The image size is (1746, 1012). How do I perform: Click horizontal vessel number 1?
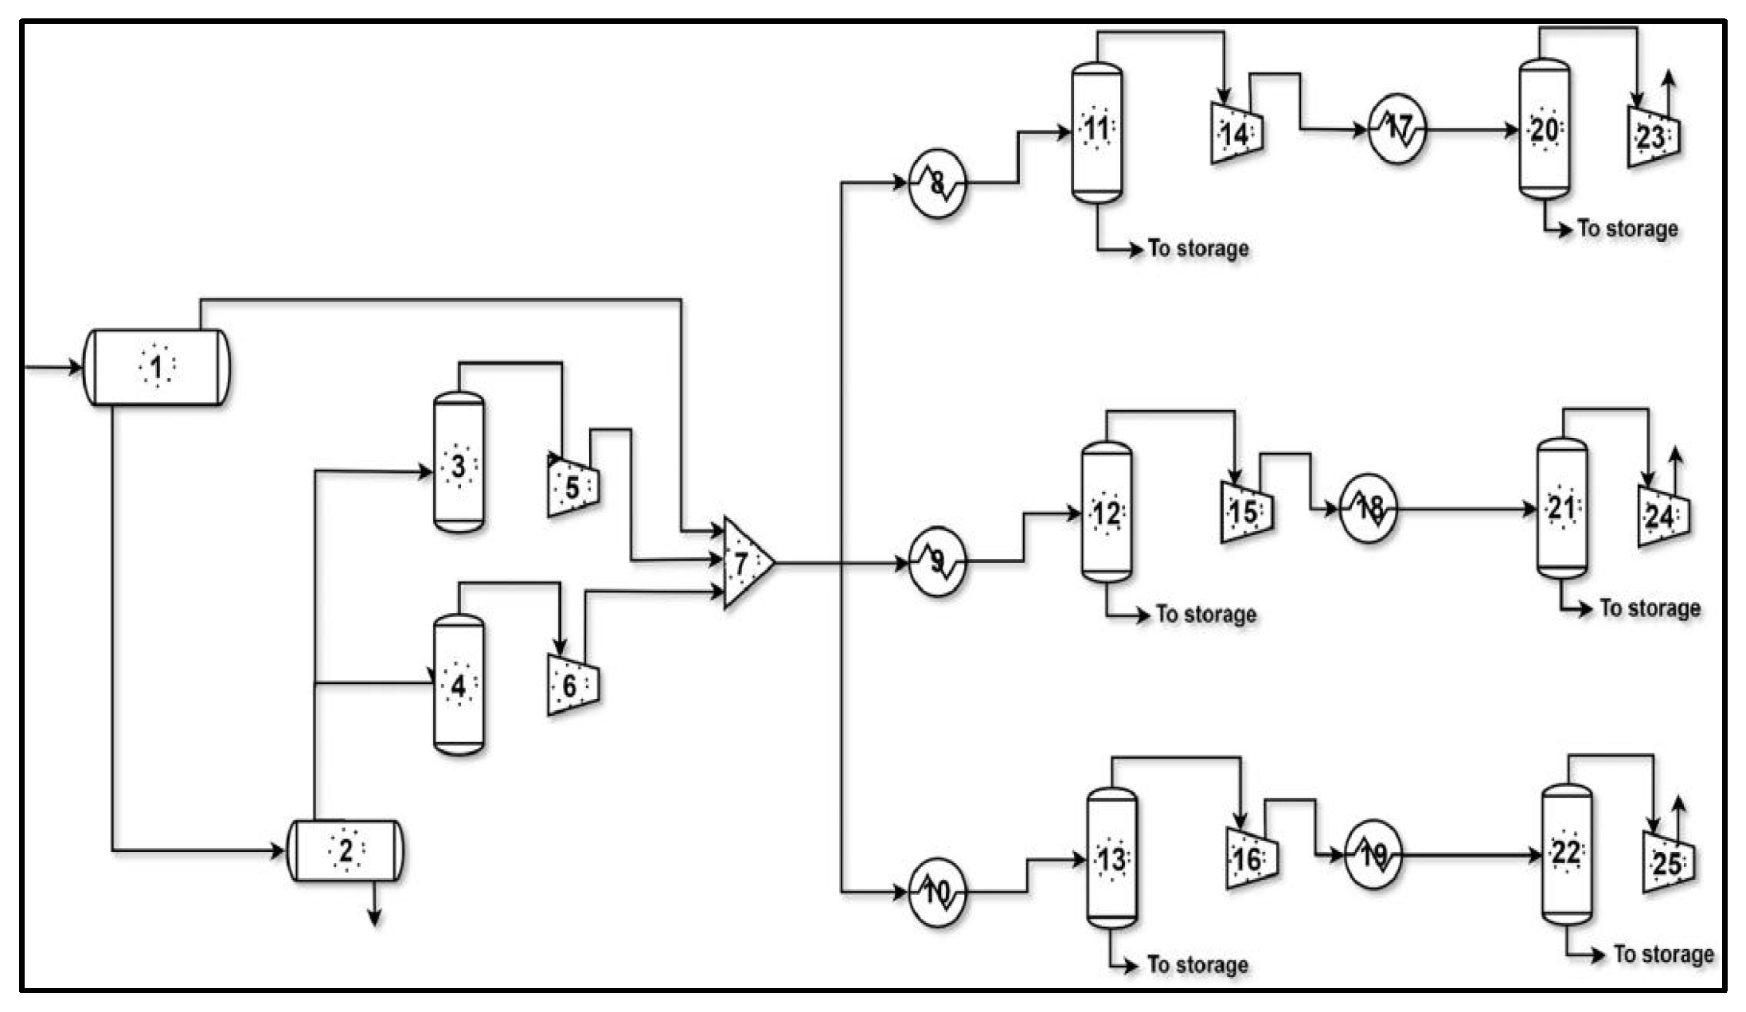[157, 368]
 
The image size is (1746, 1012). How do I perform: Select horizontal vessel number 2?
[345, 850]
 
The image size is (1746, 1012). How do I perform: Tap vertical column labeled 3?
[459, 464]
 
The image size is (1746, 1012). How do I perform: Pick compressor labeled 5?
[572, 486]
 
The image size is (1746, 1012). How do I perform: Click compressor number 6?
[572, 685]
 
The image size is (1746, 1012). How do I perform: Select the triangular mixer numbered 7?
[744, 563]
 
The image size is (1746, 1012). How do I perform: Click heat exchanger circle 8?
[937, 183]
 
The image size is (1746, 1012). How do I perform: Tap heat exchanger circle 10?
[937, 893]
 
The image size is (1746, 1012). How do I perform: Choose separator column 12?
[1106, 512]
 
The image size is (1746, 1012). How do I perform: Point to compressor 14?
[1236, 133]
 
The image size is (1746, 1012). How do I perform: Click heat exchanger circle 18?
[1368, 508]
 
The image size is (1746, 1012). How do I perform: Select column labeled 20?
[1544, 129]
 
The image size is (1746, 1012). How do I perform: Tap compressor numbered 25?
[1668, 862]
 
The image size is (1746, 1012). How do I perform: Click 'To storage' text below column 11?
[1197, 248]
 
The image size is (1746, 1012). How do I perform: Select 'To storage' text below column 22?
[1663, 953]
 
